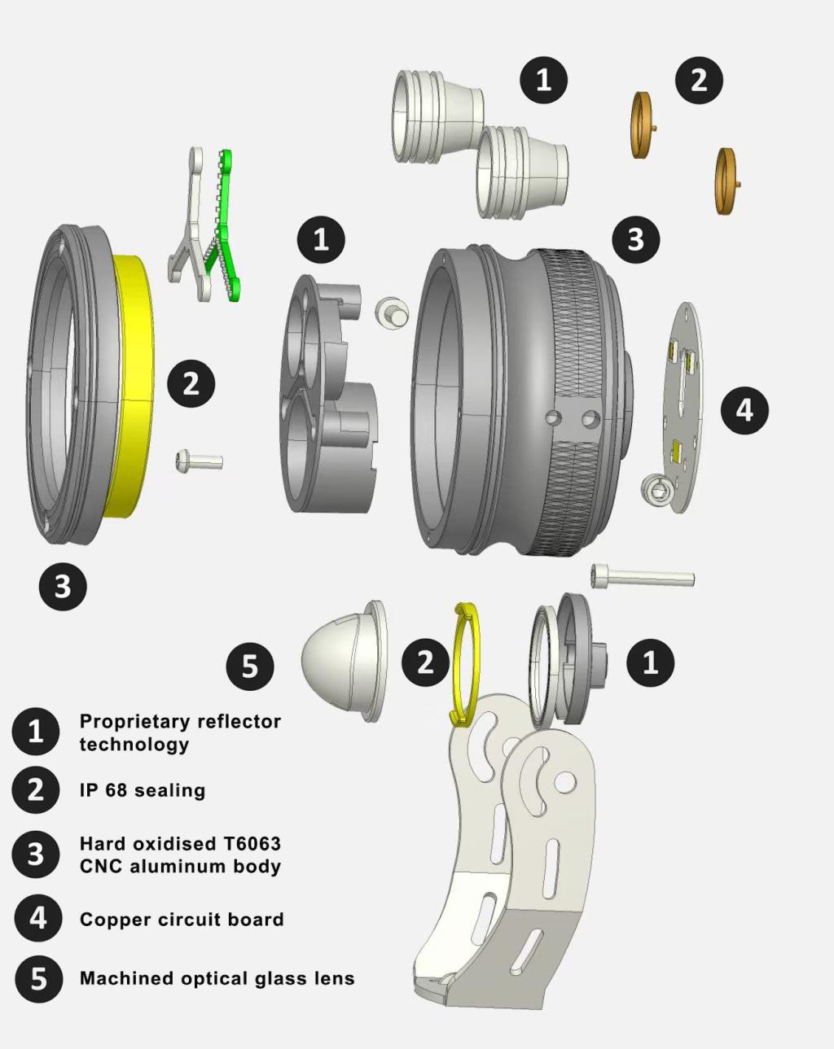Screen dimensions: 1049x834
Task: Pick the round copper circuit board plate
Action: coord(683,407)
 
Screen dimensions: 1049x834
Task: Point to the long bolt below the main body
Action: coord(643,577)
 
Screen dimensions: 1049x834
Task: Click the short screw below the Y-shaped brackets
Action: coord(199,462)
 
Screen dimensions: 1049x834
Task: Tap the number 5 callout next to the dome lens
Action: coord(250,667)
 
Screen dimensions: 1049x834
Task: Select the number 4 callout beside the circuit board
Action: coord(744,409)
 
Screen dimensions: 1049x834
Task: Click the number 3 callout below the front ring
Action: coord(63,586)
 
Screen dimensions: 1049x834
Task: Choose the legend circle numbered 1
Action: coord(36,731)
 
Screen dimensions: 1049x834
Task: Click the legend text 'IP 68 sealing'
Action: coord(143,790)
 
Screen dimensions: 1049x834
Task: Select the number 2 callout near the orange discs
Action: coord(699,80)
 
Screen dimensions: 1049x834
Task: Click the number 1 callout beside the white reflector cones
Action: coord(544,80)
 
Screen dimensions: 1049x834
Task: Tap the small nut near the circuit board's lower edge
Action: coord(656,489)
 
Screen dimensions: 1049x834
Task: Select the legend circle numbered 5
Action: coord(38,978)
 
